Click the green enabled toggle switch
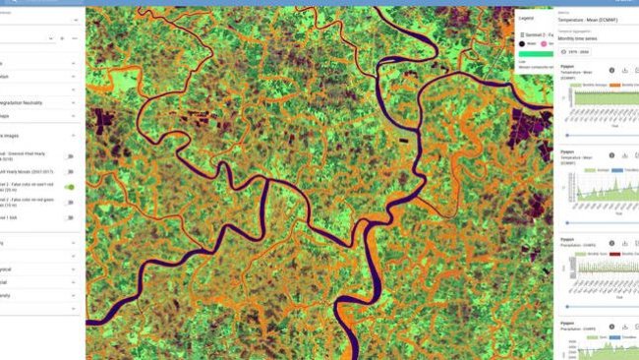(70, 186)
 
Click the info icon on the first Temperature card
(611, 71)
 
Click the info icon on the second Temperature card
(611, 154)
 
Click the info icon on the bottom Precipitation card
(611, 323)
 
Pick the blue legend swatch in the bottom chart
(610, 336)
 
